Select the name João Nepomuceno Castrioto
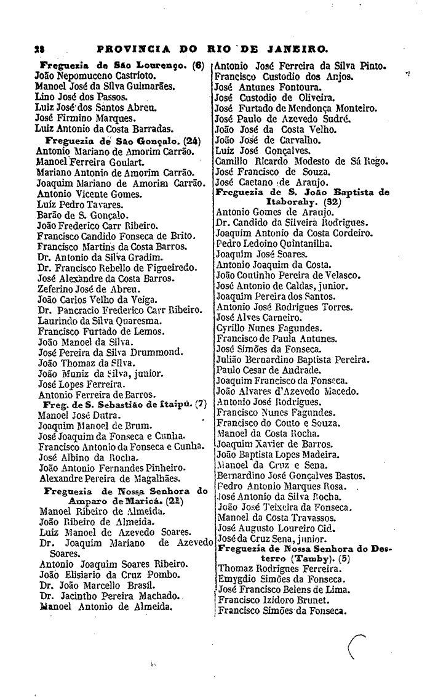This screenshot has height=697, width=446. [82, 76]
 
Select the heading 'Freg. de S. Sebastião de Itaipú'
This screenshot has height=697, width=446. [117, 405]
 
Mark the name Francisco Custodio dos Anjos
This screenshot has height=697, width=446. [284, 77]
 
